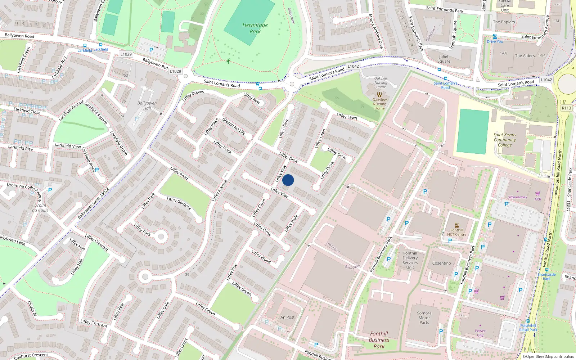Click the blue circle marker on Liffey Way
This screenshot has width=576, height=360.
288,180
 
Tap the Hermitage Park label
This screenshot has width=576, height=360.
255,28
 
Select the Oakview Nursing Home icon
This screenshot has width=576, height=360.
379,94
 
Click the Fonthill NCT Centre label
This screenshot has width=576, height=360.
456,232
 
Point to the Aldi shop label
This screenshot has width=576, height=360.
537,199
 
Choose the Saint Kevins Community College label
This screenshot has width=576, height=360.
505,140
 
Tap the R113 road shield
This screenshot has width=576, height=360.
566,108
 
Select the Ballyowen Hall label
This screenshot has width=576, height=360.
147,105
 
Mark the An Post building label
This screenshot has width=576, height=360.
287,317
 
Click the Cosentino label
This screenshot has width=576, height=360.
441,263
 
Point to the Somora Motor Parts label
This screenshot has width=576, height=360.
424,318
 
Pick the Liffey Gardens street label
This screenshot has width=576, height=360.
179,203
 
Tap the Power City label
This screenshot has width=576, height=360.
480,333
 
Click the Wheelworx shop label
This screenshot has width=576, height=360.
517,197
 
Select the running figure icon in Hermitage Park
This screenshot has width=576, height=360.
228,61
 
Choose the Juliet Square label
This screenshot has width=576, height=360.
444,59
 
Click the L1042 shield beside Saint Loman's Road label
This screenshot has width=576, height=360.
353,66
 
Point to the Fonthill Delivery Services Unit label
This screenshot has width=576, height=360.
410,260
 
